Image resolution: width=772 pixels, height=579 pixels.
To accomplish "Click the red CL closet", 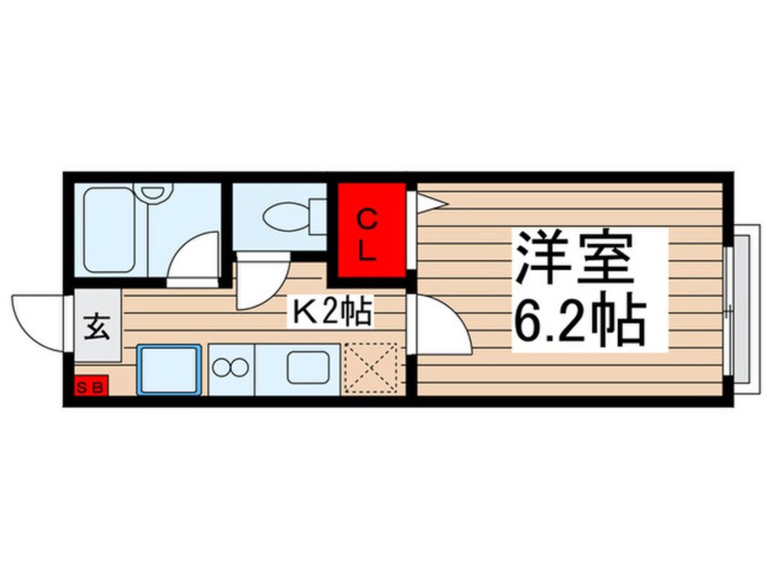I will point(371,233).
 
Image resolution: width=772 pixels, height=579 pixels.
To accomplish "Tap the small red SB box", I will point(90,387).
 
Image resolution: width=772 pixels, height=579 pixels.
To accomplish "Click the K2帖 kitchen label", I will point(330,313).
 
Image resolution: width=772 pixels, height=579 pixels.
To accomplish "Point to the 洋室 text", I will point(577,259).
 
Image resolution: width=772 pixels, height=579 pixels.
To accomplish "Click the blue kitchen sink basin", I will point(169,370).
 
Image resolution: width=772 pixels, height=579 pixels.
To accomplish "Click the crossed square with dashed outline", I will point(371,369).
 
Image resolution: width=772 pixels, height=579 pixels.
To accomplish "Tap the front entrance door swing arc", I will point(38,319).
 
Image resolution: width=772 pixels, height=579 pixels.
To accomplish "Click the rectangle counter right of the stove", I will point(307,369).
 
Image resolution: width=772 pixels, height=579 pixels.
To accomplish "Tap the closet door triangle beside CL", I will point(423,201).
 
